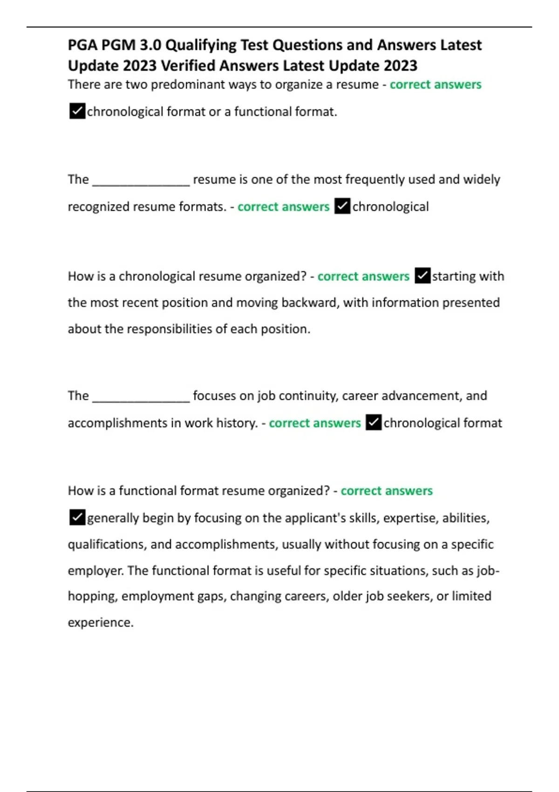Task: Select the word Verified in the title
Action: coord(188,66)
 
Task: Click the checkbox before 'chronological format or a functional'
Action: coord(77,112)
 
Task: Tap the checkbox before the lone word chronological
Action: coord(342,206)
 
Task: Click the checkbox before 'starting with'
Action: coord(422,276)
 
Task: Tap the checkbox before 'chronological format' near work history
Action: coord(374,423)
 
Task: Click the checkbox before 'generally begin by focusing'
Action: coord(77,518)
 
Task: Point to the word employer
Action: coord(95,571)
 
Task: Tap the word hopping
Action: coord(92,597)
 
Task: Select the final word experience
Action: coord(100,623)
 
